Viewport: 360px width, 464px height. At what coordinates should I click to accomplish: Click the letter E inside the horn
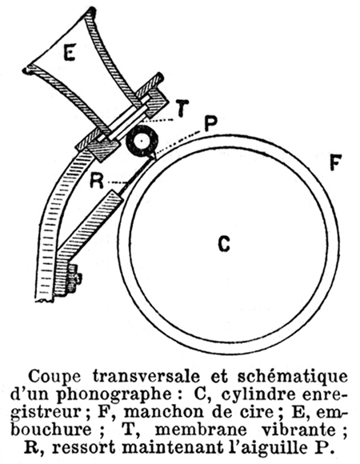(70, 52)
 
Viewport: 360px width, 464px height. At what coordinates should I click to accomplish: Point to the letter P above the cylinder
(211, 124)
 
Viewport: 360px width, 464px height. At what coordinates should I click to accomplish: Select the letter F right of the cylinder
(336, 162)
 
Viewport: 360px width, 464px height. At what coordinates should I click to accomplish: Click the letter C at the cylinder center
(224, 244)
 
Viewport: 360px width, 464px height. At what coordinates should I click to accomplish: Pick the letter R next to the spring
(97, 181)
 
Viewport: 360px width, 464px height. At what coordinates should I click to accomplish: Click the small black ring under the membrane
(142, 141)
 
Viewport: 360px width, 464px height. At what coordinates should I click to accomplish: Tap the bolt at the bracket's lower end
(74, 278)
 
